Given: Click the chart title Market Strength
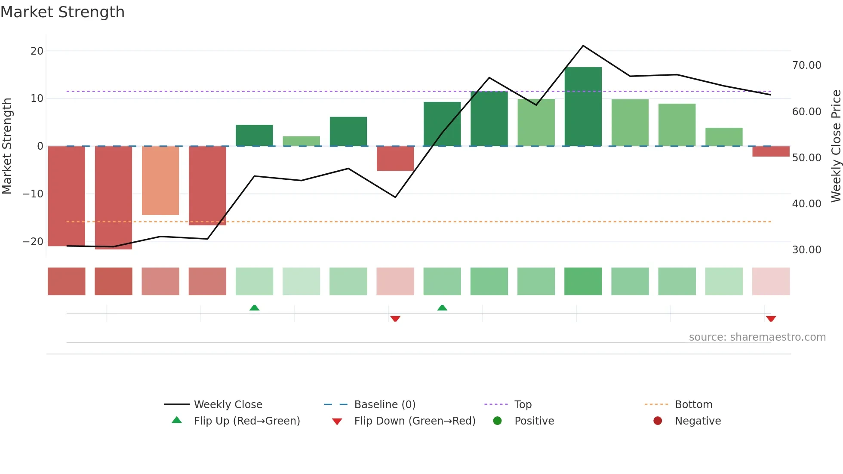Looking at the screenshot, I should pyautogui.click(x=62, y=12).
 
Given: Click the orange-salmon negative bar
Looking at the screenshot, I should pyautogui.click(x=160, y=181).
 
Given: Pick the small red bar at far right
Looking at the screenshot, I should pyautogui.click(x=771, y=151).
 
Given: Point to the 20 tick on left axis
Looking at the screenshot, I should pyautogui.click(x=37, y=51).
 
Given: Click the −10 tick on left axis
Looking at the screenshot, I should pyautogui.click(x=33, y=194).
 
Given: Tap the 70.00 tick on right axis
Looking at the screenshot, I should pyautogui.click(x=806, y=65).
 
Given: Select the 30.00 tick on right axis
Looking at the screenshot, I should pyautogui.click(x=806, y=250).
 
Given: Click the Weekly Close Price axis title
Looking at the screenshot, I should pyautogui.click(x=836, y=146).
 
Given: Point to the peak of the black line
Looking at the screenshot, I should pyautogui.click(x=583, y=46).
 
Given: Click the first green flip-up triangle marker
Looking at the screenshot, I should pyautogui.click(x=254, y=308).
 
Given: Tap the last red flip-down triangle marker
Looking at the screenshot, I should pyautogui.click(x=771, y=319).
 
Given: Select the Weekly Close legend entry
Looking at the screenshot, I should pyautogui.click(x=228, y=405).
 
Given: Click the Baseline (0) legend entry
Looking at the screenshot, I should pyautogui.click(x=385, y=405).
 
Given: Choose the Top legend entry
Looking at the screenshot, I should pyautogui.click(x=523, y=405).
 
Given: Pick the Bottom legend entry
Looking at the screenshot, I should pyautogui.click(x=693, y=405).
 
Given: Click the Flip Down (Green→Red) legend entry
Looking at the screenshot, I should pyautogui.click(x=414, y=421).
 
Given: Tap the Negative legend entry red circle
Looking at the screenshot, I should pyautogui.click(x=658, y=421).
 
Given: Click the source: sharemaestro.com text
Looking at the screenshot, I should pyautogui.click(x=757, y=337).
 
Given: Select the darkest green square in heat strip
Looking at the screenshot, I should pyautogui.click(x=583, y=281).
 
